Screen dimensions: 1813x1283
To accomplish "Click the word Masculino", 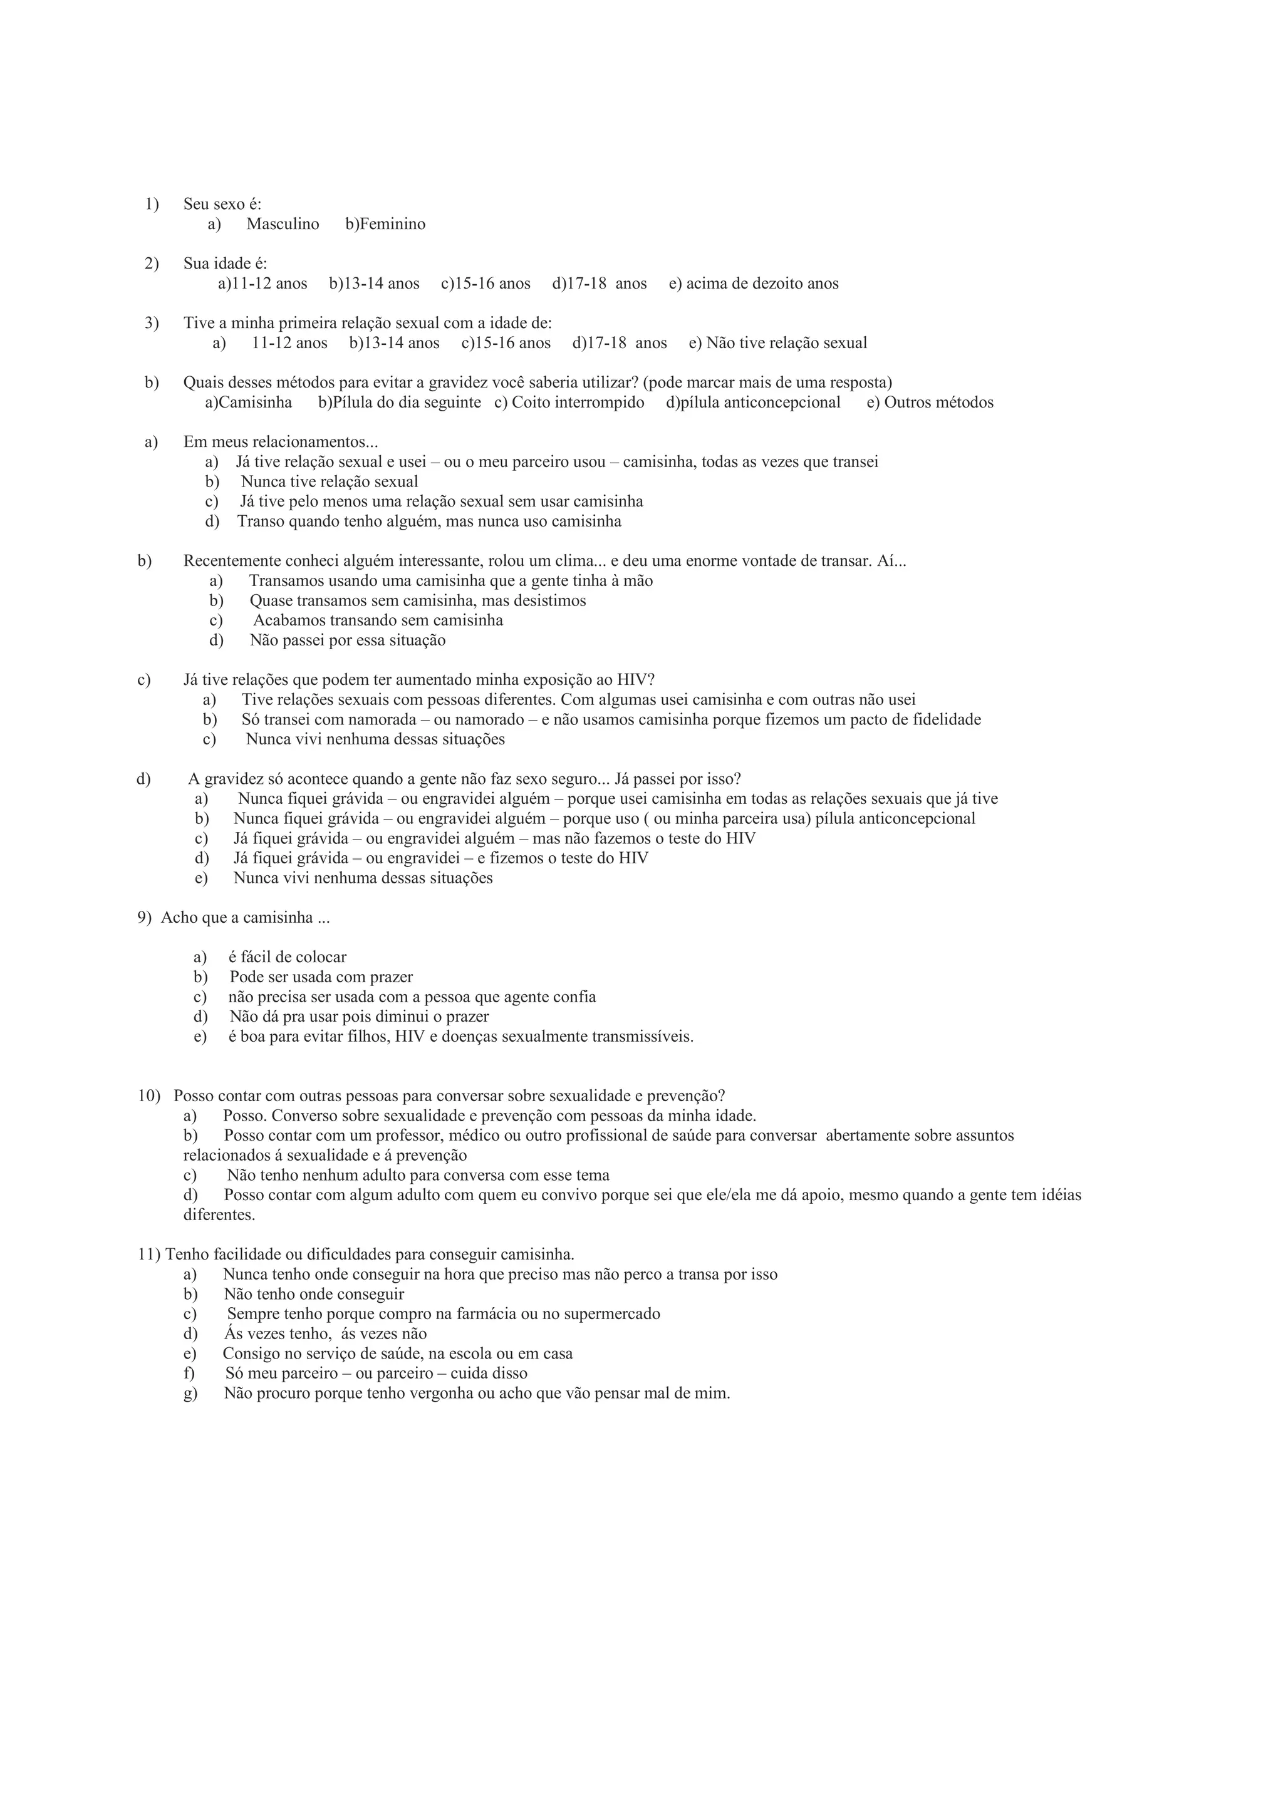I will (x=282, y=224).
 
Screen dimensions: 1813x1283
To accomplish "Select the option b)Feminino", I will (x=385, y=224).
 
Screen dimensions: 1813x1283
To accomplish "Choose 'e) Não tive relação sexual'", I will (x=777, y=342).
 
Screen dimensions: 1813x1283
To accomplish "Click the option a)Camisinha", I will (x=248, y=403).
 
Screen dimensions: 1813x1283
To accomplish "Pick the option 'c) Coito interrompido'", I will (x=569, y=403).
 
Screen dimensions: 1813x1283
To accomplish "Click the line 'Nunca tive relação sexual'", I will (x=330, y=481).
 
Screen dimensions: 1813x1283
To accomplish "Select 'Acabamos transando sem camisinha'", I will (x=378, y=620).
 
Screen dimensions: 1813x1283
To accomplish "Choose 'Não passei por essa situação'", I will (x=348, y=640).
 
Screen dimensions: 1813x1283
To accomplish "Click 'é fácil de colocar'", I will (x=288, y=958).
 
